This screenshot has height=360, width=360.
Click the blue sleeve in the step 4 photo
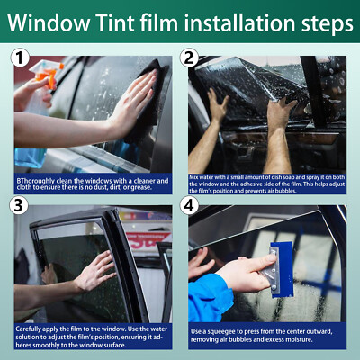point(209,297)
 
